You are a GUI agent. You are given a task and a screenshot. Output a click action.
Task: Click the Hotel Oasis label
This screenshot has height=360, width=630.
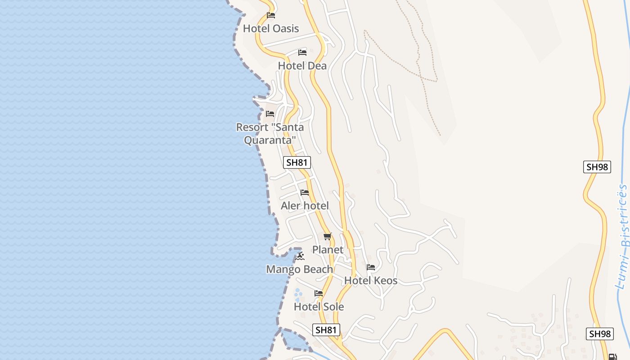coord(270,28)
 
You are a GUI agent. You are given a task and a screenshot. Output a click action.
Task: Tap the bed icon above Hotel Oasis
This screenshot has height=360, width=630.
coord(270,15)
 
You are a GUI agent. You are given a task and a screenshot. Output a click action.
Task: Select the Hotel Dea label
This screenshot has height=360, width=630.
coord(302,66)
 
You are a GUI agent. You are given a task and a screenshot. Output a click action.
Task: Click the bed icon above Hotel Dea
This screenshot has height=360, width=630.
coord(302,53)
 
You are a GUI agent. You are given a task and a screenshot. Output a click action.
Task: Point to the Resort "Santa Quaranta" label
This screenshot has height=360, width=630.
coord(270,134)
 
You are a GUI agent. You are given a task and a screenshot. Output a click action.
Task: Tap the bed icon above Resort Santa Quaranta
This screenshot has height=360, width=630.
coord(270,114)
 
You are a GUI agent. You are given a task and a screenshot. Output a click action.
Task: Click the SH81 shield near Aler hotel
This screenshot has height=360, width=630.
coord(297,162)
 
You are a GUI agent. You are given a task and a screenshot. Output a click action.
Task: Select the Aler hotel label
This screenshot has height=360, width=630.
coord(305,206)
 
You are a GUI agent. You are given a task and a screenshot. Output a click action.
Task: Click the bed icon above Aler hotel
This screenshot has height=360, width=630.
coord(305,193)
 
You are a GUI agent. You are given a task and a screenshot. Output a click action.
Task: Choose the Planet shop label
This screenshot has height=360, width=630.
coord(328,249)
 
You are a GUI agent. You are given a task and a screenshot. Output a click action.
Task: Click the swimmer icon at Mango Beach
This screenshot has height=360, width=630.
coord(300,256)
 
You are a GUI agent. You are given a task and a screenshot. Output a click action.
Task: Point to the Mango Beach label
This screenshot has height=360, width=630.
coord(299,269)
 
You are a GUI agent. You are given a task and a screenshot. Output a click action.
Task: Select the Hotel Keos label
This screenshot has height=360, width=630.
coord(370,280)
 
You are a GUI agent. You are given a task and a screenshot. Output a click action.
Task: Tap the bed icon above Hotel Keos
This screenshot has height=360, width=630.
coord(371,267)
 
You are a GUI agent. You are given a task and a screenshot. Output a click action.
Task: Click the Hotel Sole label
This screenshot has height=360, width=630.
coord(319,306)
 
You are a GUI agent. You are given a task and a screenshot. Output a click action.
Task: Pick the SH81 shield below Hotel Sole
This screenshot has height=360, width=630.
coord(326,330)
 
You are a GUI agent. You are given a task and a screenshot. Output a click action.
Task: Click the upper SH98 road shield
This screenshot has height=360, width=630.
coord(597,167)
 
